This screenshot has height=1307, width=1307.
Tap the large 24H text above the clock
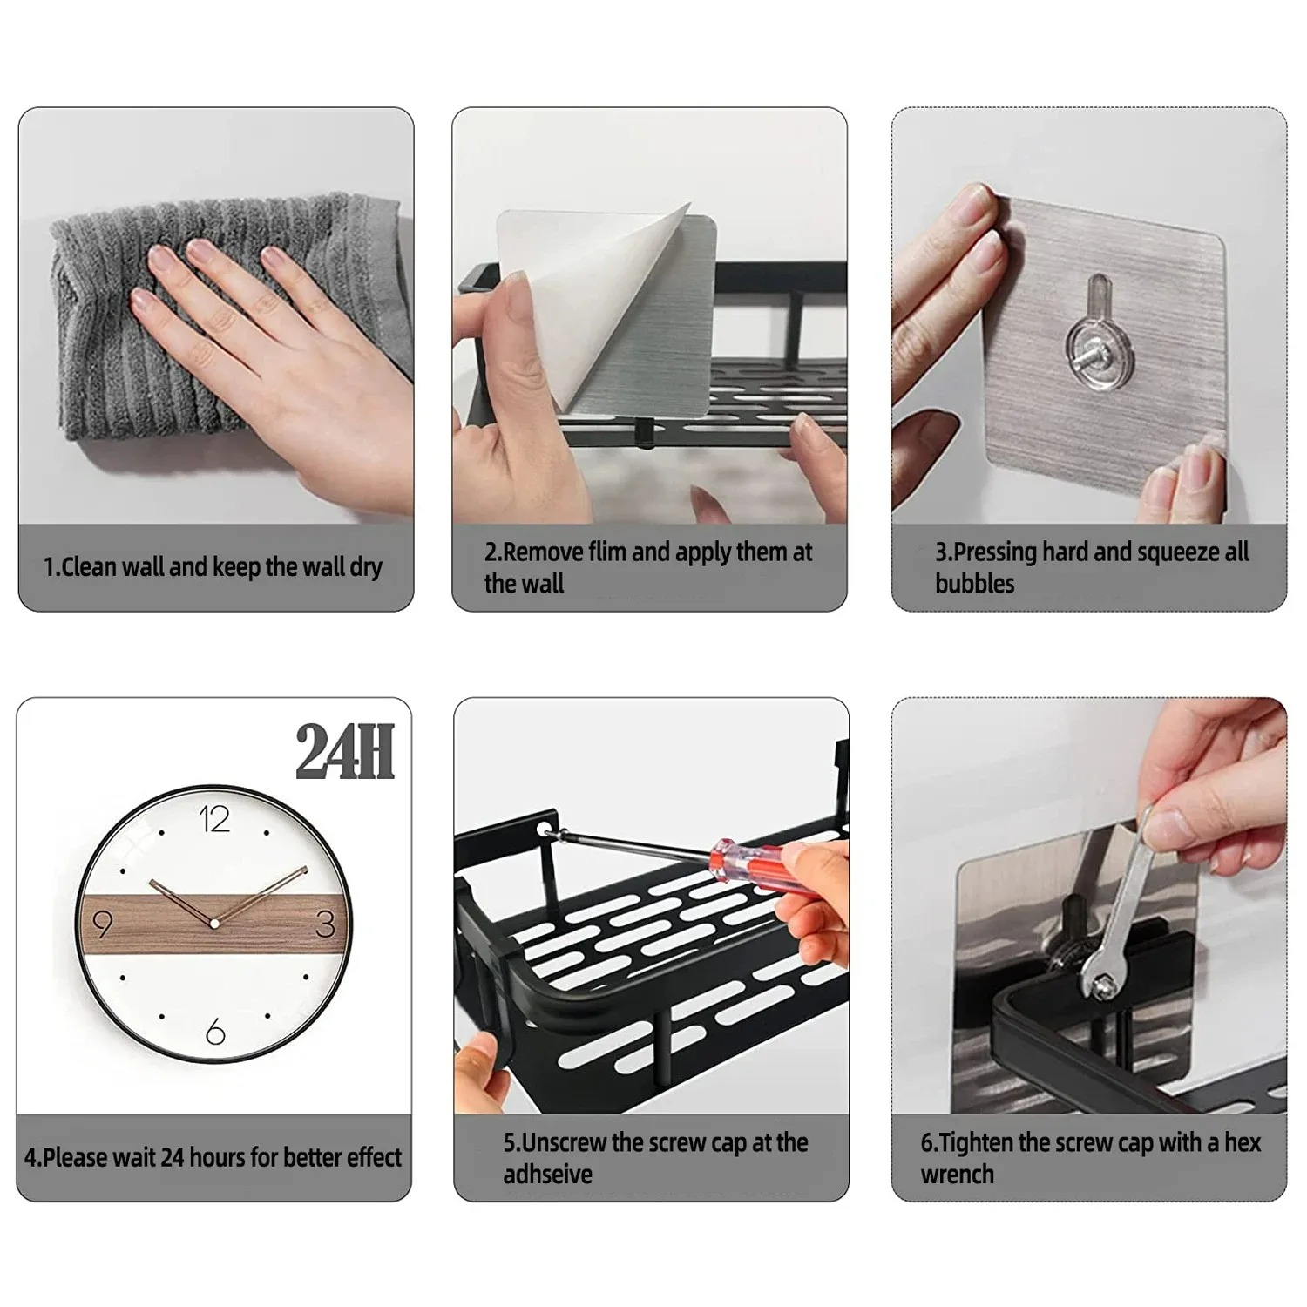click(345, 752)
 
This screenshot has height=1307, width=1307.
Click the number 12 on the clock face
click(213, 819)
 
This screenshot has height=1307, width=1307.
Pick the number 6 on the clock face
click(215, 1033)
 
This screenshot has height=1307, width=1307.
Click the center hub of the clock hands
click(213, 922)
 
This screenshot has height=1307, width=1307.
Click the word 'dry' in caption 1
click(366, 567)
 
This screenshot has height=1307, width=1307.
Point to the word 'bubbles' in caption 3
click(974, 584)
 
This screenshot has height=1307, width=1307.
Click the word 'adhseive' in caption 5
click(547, 1175)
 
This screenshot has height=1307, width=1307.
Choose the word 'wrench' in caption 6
click(957, 1175)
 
